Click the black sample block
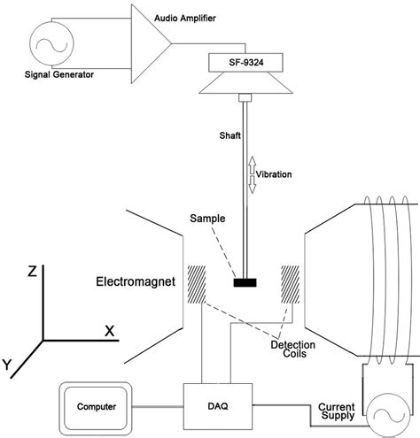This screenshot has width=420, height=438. (x=245, y=282)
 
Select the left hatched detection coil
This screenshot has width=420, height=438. (x=197, y=284)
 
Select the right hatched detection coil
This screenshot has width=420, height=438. (x=291, y=284)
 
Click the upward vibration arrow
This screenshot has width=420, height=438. (x=252, y=165)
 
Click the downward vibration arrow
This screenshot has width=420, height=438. (x=252, y=184)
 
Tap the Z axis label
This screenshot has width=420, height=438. (x=32, y=272)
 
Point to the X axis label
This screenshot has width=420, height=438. (x=110, y=331)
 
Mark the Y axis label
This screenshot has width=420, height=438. (x=7, y=365)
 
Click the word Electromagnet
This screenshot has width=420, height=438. (x=136, y=281)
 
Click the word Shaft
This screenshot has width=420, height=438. (x=230, y=135)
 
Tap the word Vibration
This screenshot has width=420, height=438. (x=274, y=174)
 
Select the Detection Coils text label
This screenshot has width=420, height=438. (x=293, y=350)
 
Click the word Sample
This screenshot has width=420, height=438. (x=207, y=219)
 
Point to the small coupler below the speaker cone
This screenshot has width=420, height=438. (x=245, y=97)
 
